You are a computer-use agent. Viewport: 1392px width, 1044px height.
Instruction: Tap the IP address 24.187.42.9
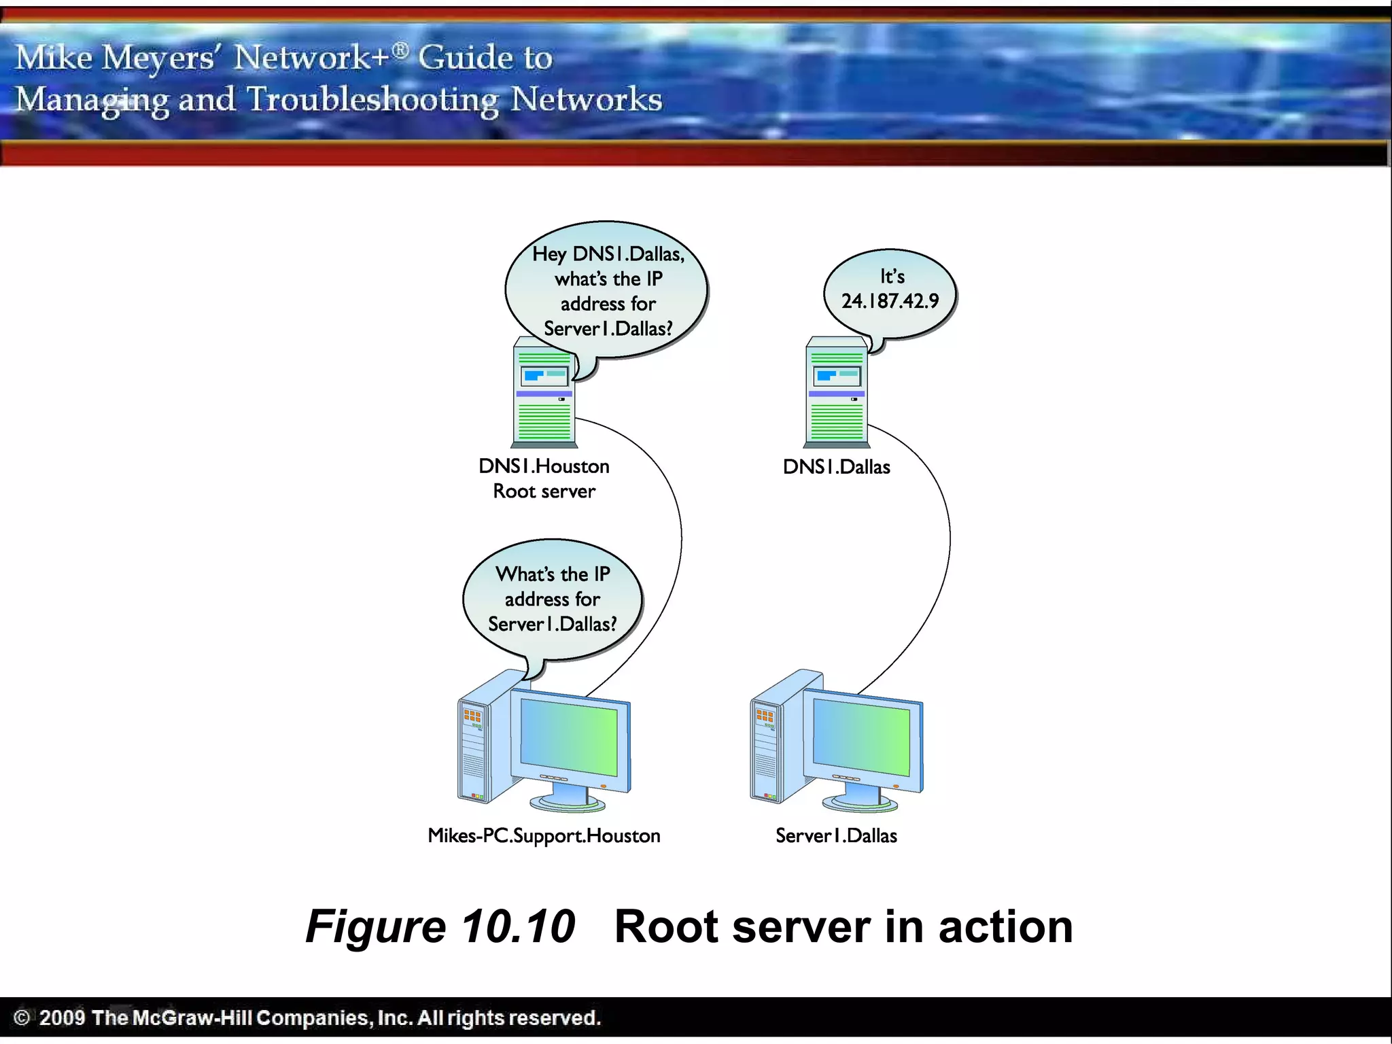(890, 301)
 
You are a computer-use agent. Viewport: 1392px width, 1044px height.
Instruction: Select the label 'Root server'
(544, 491)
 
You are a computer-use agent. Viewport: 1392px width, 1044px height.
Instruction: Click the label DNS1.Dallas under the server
(836, 467)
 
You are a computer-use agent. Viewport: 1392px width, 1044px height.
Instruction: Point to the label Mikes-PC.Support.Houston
(544, 835)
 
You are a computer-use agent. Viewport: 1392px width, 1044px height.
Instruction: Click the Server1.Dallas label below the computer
(836, 835)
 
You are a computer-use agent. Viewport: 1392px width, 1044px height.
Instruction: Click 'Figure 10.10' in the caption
(440, 926)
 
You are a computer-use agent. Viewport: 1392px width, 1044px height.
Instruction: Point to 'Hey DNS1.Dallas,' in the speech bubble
(608, 254)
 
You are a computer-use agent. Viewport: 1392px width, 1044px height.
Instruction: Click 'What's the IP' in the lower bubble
(553, 574)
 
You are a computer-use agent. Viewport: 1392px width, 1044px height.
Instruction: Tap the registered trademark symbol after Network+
(401, 50)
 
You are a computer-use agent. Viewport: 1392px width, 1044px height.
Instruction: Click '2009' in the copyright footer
(62, 1017)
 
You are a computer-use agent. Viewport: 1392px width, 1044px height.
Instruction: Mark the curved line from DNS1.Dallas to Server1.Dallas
(949, 544)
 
